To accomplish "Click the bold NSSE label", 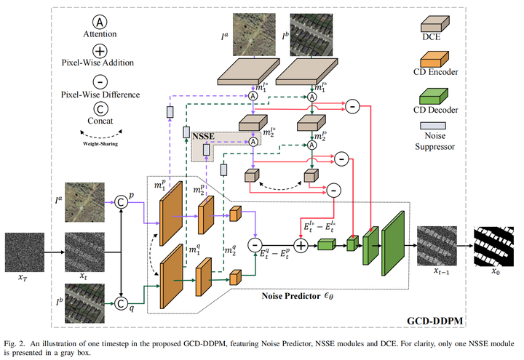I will (x=205, y=136).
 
